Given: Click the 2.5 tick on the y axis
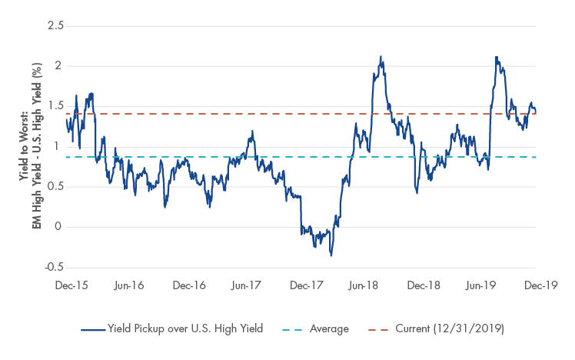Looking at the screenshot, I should click(x=55, y=27).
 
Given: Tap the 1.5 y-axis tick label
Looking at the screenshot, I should click(x=55, y=107).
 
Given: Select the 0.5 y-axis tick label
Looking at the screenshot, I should click(x=55, y=187).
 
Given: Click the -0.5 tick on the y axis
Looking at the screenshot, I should click(x=53, y=267).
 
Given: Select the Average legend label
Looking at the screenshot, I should click(x=328, y=329).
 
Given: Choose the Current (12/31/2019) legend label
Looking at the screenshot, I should click(x=448, y=329).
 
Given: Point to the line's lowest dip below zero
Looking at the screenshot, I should click(x=331, y=255).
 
